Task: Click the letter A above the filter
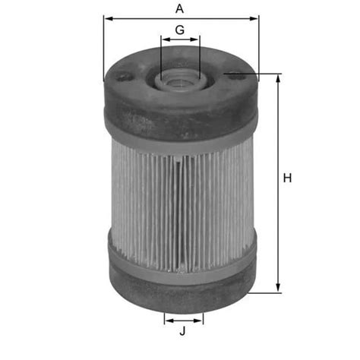(179, 9)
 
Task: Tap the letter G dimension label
(180, 30)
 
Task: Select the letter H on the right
(288, 178)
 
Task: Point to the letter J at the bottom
(183, 331)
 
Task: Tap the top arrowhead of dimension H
(278, 79)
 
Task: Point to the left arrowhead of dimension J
(167, 320)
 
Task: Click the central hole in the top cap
(180, 78)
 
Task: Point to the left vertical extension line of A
(103, 46)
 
